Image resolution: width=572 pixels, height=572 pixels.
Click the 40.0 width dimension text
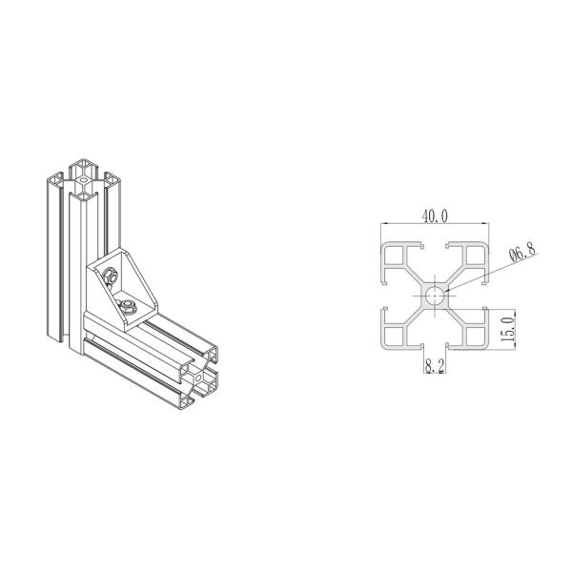[434, 216]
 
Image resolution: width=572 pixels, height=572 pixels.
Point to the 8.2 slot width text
[434, 364]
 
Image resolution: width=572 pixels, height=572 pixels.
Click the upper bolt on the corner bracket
[111, 276]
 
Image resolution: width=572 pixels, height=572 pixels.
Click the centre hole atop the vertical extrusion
[85, 178]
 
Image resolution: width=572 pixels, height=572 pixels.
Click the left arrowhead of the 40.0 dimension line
[383, 226]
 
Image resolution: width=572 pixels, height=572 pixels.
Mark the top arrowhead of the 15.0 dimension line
[516, 311]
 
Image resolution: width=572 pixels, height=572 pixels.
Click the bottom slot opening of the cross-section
[435, 346]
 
